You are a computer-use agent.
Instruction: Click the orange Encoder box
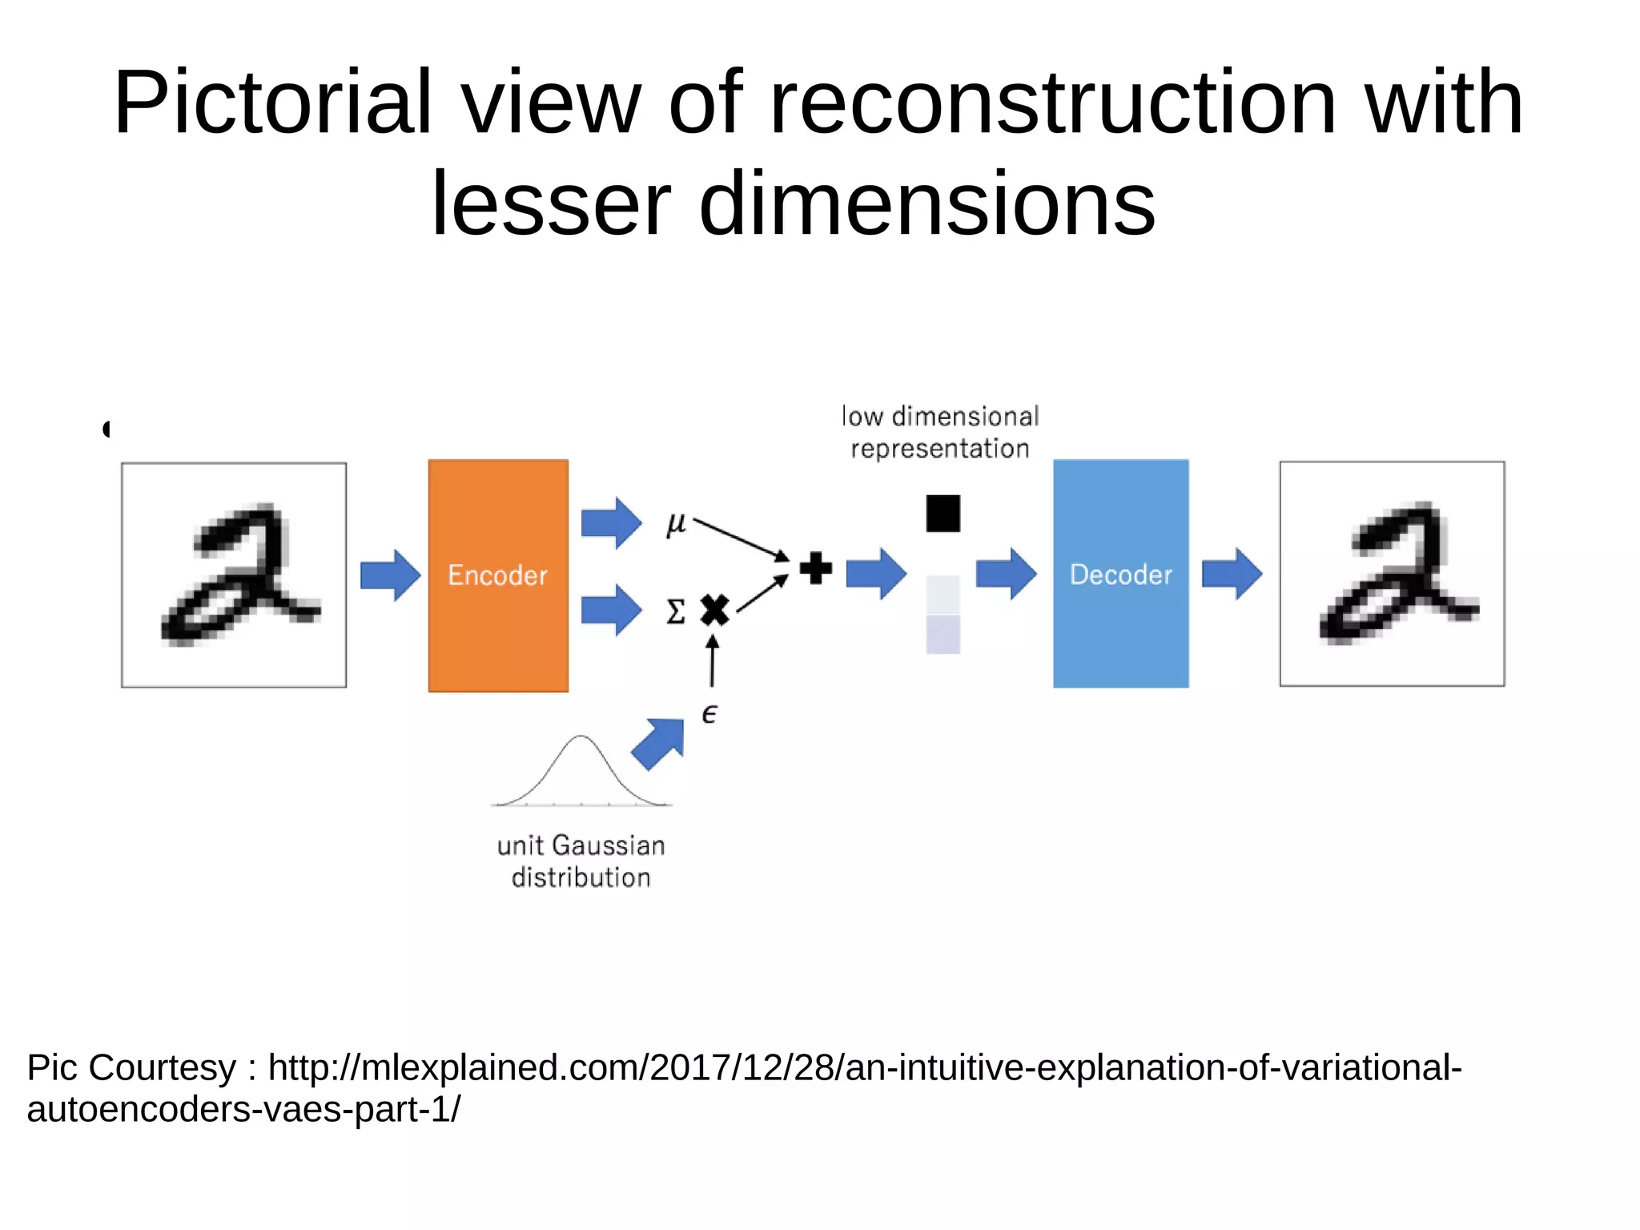498,575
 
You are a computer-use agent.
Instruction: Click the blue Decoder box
1120,574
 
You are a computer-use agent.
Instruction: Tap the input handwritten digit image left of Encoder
234,575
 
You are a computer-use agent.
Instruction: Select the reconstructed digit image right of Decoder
1392,574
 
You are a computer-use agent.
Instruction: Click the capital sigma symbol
676,612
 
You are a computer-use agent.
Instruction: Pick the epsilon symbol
709,714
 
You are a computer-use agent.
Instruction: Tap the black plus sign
816,569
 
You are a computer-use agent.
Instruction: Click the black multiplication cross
714,611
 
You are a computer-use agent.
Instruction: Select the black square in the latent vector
943,514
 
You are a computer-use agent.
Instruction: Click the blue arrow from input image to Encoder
391,575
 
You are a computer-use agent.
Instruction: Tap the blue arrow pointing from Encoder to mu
611,523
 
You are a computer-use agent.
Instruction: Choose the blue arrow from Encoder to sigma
611,610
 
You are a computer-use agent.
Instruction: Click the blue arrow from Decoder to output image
1232,574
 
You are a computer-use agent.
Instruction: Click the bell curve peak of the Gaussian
581,738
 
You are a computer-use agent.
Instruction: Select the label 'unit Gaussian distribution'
581,861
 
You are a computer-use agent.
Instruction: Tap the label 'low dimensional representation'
940,433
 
